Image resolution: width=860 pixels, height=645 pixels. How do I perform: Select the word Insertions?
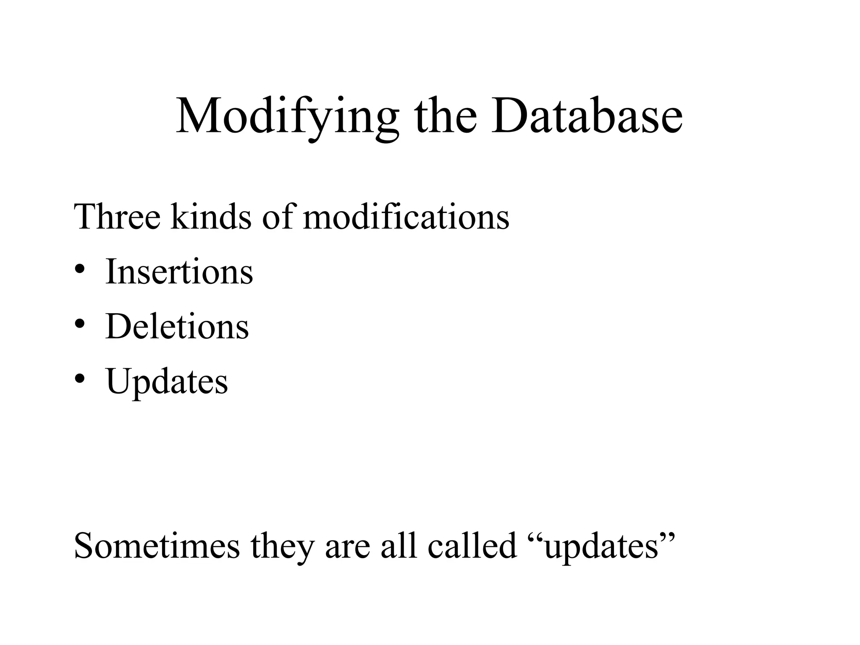179,272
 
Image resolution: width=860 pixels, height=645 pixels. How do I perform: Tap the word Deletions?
177,326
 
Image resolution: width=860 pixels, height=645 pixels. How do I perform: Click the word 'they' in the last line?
282,546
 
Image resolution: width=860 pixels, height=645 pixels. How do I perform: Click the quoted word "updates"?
600,547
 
